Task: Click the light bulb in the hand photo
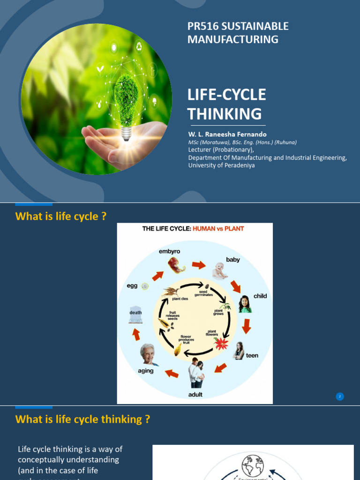pos(126,101)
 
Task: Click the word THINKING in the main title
pos(225,114)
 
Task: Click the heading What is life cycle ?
pos(61,216)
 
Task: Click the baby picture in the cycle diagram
pos(219,271)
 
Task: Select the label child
pos(260,296)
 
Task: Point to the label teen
pos(252,356)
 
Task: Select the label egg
pos(132,286)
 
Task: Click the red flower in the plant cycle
pos(221,344)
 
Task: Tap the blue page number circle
pos(340,397)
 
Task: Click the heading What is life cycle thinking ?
pos(82,419)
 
